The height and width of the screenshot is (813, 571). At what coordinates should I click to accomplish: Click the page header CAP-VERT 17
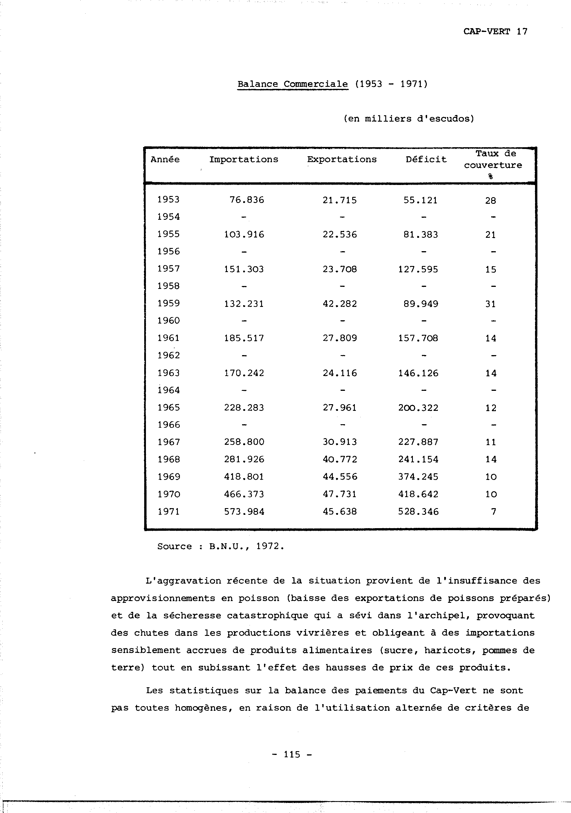pos(495,32)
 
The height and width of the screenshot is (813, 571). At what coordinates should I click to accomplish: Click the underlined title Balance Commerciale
pos(292,84)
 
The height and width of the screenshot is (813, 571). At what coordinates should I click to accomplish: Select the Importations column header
pos(243,159)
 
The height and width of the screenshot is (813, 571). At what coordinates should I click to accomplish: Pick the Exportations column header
pos(342,159)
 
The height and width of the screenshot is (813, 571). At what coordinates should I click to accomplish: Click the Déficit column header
pos(426,159)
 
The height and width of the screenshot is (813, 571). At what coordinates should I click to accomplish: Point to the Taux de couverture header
pos(493,160)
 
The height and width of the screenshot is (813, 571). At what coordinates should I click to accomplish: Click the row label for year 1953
pos(168,200)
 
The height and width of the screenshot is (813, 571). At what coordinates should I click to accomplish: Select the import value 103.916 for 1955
pos(244,234)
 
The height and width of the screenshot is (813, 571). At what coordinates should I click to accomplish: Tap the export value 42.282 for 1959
pos(340,304)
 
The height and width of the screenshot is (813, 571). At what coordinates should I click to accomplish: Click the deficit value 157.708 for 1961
pos(418,338)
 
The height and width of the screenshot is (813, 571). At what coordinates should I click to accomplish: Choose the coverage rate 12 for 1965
pos(491,408)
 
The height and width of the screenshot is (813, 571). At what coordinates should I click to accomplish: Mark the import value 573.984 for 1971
pos(244,512)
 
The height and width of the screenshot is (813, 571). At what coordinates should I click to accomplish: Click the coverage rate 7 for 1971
pos(494,512)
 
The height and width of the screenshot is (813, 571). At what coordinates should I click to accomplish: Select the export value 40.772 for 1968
pos(340,460)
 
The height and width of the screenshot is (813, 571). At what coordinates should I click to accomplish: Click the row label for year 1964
pos(168,390)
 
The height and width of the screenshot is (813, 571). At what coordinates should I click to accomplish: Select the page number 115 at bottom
pos(292,755)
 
